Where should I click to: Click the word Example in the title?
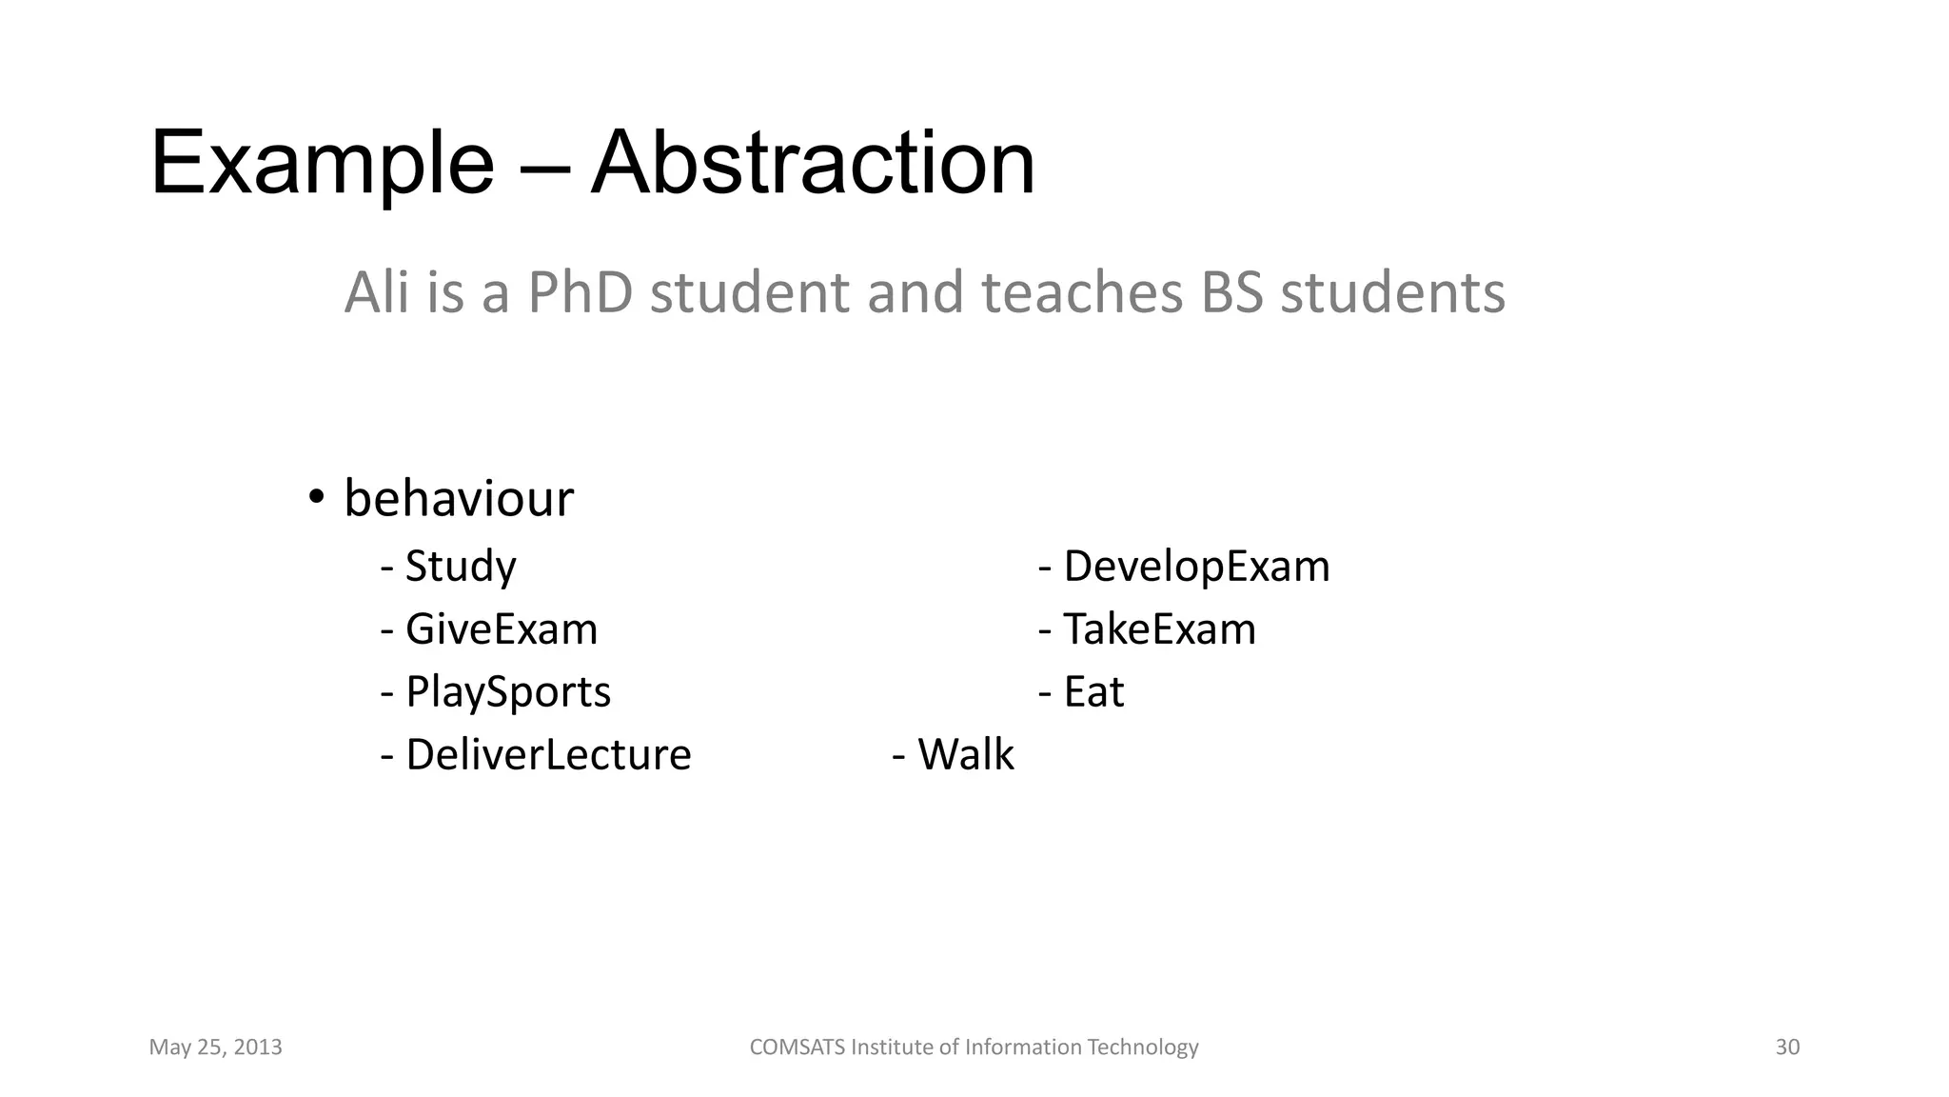point(322,164)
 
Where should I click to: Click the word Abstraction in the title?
point(813,164)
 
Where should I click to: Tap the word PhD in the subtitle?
point(580,292)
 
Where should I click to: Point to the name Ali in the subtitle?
point(377,292)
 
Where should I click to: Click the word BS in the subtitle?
point(1231,292)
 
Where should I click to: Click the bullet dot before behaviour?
point(316,496)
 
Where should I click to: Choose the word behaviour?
point(459,498)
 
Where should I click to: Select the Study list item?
point(461,567)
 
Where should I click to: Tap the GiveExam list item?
point(502,629)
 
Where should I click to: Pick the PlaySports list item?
point(508,692)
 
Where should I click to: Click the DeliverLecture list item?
point(548,755)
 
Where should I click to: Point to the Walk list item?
point(965,755)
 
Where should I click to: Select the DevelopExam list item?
point(1196,567)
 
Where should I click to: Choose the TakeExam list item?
point(1159,629)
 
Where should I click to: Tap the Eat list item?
point(1093,692)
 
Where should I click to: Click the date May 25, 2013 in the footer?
point(216,1047)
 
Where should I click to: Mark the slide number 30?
point(1787,1047)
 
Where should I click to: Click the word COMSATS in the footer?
point(797,1047)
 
